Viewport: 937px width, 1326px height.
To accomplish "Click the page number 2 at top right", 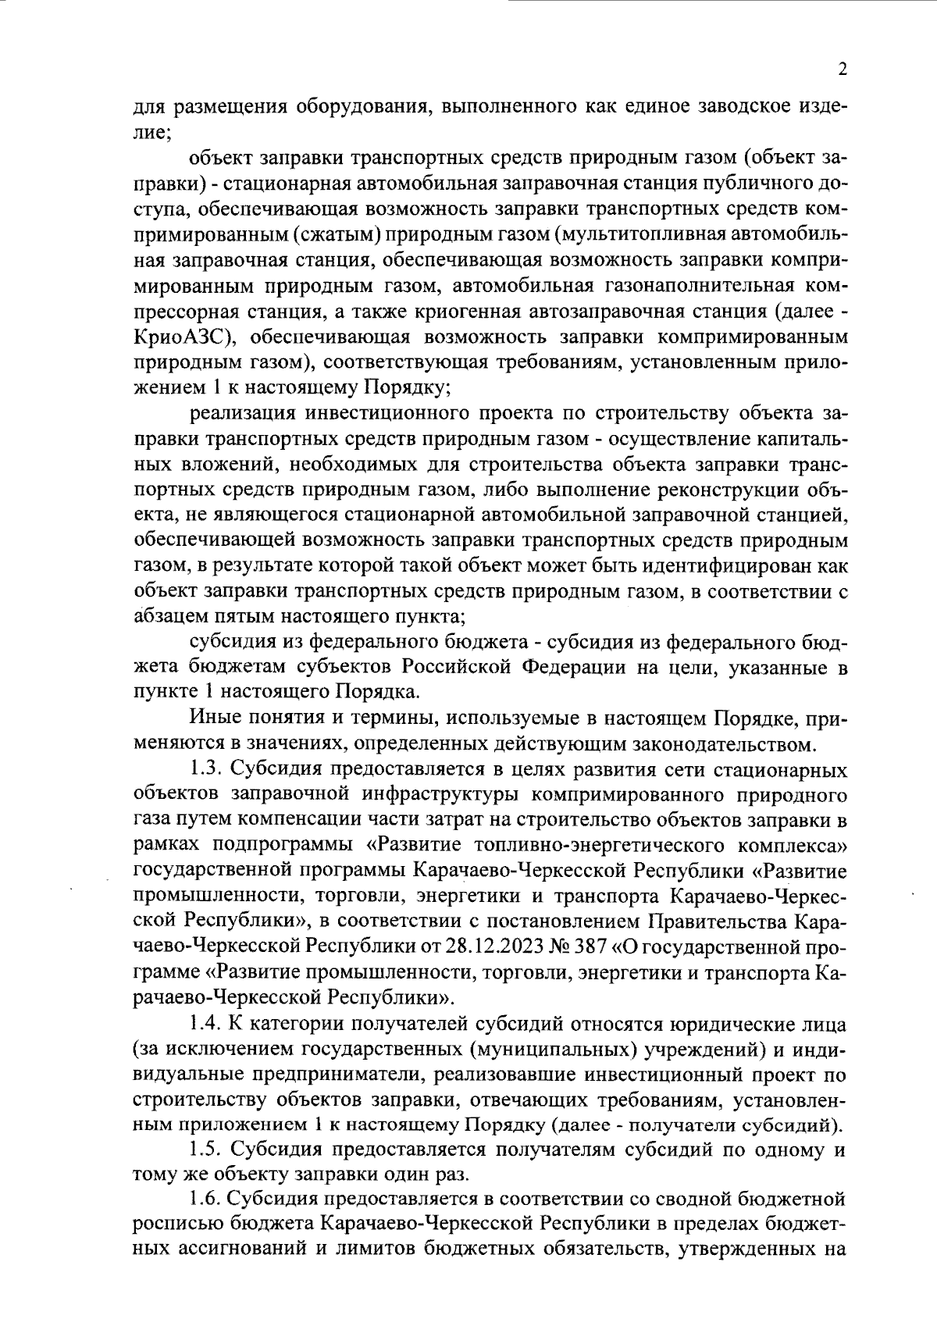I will click(x=842, y=70).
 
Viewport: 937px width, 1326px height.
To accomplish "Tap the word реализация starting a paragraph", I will click(x=243, y=412).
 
